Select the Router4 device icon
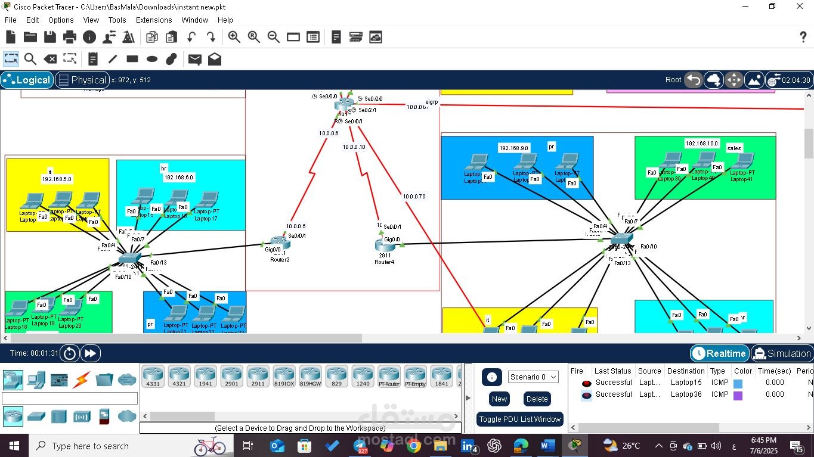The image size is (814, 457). point(384,244)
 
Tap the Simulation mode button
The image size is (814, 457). point(782,353)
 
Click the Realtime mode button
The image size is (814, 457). point(719,353)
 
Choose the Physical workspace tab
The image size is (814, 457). point(82,80)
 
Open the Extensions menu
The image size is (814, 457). point(154,20)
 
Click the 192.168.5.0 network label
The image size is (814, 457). point(57,179)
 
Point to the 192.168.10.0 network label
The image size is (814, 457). point(701,144)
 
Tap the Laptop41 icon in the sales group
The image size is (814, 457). point(742,162)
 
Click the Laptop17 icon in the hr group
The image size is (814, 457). point(207,201)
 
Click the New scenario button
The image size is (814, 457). point(499,399)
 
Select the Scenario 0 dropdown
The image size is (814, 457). point(533,377)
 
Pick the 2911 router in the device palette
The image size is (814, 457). point(258,377)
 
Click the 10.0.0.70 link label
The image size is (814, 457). point(414,196)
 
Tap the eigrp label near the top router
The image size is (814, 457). point(432,102)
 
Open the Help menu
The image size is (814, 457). point(225,20)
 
